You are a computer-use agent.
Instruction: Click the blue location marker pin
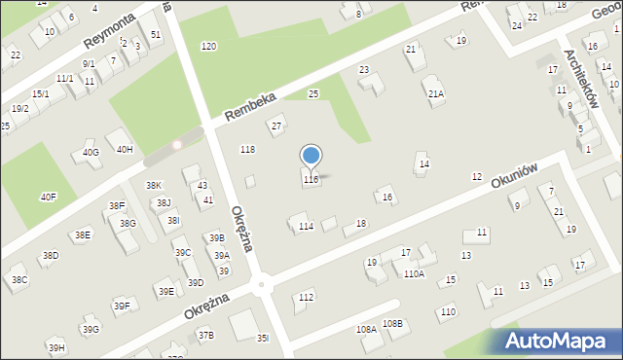tap(311, 156)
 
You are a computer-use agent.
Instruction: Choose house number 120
tap(208, 47)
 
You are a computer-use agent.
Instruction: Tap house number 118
tap(247, 149)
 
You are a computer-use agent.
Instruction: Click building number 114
tap(306, 227)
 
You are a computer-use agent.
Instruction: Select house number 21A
tap(436, 94)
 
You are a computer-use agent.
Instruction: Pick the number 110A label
tap(414, 274)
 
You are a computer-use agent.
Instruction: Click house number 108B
tap(392, 323)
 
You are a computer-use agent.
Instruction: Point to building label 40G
tap(91, 153)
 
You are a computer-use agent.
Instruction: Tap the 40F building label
tap(48, 197)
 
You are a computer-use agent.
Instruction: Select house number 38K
tap(153, 185)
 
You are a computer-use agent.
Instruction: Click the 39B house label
tap(216, 237)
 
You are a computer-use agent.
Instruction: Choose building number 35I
tap(263, 338)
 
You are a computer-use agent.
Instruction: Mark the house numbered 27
tap(276, 126)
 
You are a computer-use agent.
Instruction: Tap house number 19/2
tap(19, 109)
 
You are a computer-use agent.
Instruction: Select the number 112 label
tap(306, 297)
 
